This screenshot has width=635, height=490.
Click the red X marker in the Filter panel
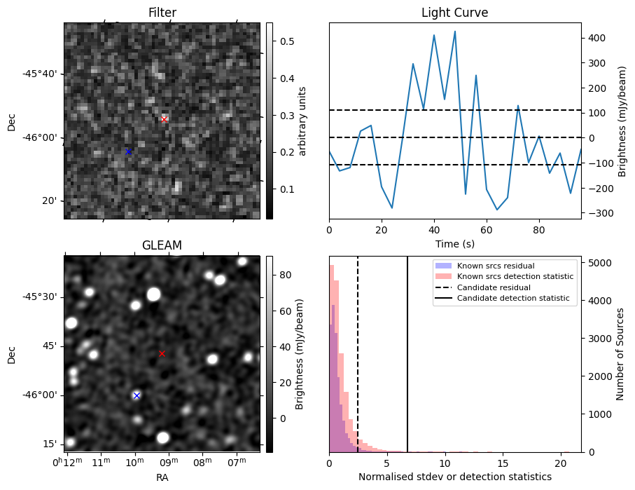pyautogui.click(x=164, y=119)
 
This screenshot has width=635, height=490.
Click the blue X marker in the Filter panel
pyautogui.click(x=128, y=151)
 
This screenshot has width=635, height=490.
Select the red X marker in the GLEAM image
pyautogui.click(x=162, y=354)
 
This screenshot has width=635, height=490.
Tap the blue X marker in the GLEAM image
pyautogui.click(x=137, y=395)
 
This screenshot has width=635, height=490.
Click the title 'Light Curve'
pyautogui.click(x=455, y=13)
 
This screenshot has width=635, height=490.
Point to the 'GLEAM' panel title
pyautogui.click(x=162, y=245)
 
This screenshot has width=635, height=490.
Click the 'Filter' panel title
pyautogui.click(x=162, y=13)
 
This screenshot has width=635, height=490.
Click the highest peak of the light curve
pyautogui.click(x=455, y=32)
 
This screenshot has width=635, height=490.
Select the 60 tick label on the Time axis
pyautogui.click(x=487, y=231)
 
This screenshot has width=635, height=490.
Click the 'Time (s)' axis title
pyautogui.click(x=455, y=244)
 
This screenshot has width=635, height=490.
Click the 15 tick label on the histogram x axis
pyautogui.click(x=503, y=463)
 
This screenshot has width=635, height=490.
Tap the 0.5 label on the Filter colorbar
pyautogui.click(x=287, y=41)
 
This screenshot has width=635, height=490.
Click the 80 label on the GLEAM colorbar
pyautogui.click(x=286, y=275)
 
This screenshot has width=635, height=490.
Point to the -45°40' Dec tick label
pyautogui.click(x=43, y=74)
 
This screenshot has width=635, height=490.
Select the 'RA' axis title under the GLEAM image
pyautogui.click(x=162, y=477)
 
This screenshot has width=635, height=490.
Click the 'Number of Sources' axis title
pyautogui.click(x=620, y=354)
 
